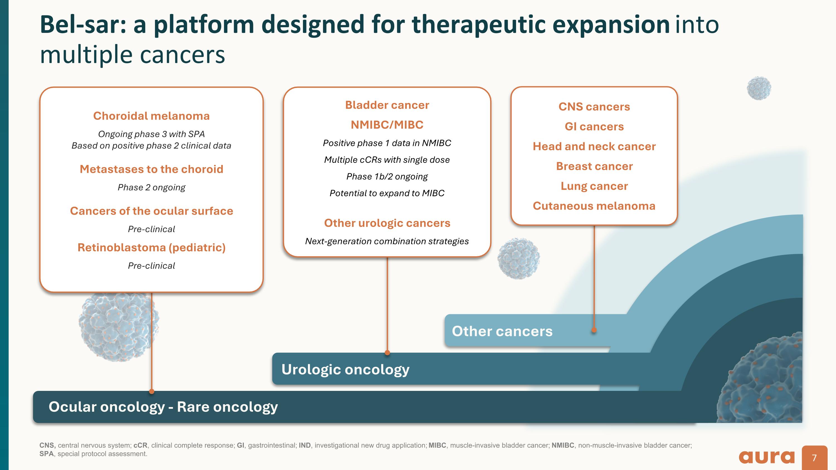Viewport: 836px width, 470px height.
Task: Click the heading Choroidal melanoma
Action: coord(151,116)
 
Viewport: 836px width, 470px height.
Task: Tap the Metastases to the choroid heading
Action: coord(151,169)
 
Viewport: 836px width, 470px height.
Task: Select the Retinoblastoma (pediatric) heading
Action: coord(151,247)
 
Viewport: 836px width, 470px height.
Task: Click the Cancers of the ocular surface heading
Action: coord(151,211)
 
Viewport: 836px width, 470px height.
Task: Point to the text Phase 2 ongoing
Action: coord(151,187)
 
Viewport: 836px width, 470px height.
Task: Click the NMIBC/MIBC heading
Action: coord(387,125)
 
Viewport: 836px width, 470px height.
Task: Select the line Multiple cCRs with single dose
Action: coord(387,160)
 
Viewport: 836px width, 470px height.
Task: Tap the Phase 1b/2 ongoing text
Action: coord(387,176)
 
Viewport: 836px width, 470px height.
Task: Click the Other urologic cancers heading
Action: coord(387,223)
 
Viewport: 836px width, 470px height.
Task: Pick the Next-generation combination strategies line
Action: coord(387,241)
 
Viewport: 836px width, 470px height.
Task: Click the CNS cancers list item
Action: coord(594,107)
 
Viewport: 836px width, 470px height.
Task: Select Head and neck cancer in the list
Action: coord(594,146)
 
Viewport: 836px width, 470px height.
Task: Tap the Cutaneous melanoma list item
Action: coord(594,206)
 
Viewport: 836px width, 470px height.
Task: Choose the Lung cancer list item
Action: coord(594,186)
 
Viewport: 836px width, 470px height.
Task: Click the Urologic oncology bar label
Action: coord(345,369)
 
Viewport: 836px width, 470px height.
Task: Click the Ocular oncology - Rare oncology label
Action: coord(163,407)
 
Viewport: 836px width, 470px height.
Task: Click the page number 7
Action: coord(814,458)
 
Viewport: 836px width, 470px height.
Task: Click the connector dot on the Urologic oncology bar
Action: coord(387,353)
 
